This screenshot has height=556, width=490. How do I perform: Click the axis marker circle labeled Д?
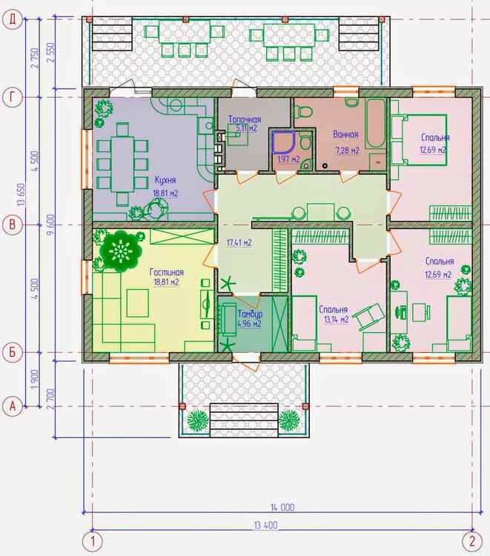tap(13, 19)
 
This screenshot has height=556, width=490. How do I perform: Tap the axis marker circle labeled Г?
tap(13, 97)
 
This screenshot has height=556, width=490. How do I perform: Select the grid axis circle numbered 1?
tap(93, 541)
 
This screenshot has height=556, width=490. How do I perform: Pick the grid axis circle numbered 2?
tap(472, 541)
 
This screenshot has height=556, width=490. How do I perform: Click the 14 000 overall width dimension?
tap(282, 507)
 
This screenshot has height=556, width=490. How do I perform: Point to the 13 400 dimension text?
tap(265, 525)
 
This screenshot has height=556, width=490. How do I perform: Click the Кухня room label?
tap(165, 180)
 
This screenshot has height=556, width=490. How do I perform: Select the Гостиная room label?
tap(167, 272)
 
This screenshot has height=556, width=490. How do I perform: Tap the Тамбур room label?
tap(250, 314)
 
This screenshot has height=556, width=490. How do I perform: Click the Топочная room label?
tap(245, 119)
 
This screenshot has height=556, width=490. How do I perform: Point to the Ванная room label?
tap(345, 135)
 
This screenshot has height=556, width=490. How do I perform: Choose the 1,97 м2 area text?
tap(288, 159)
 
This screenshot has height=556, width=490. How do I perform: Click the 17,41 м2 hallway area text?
tap(239, 243)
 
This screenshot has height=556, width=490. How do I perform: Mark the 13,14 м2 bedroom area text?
tap(336, 320)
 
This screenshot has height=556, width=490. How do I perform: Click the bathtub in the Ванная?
tap(376, 125)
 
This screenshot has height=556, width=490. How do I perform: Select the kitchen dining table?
tap(122, 164)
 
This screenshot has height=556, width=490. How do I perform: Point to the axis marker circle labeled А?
tap(13, 406)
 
